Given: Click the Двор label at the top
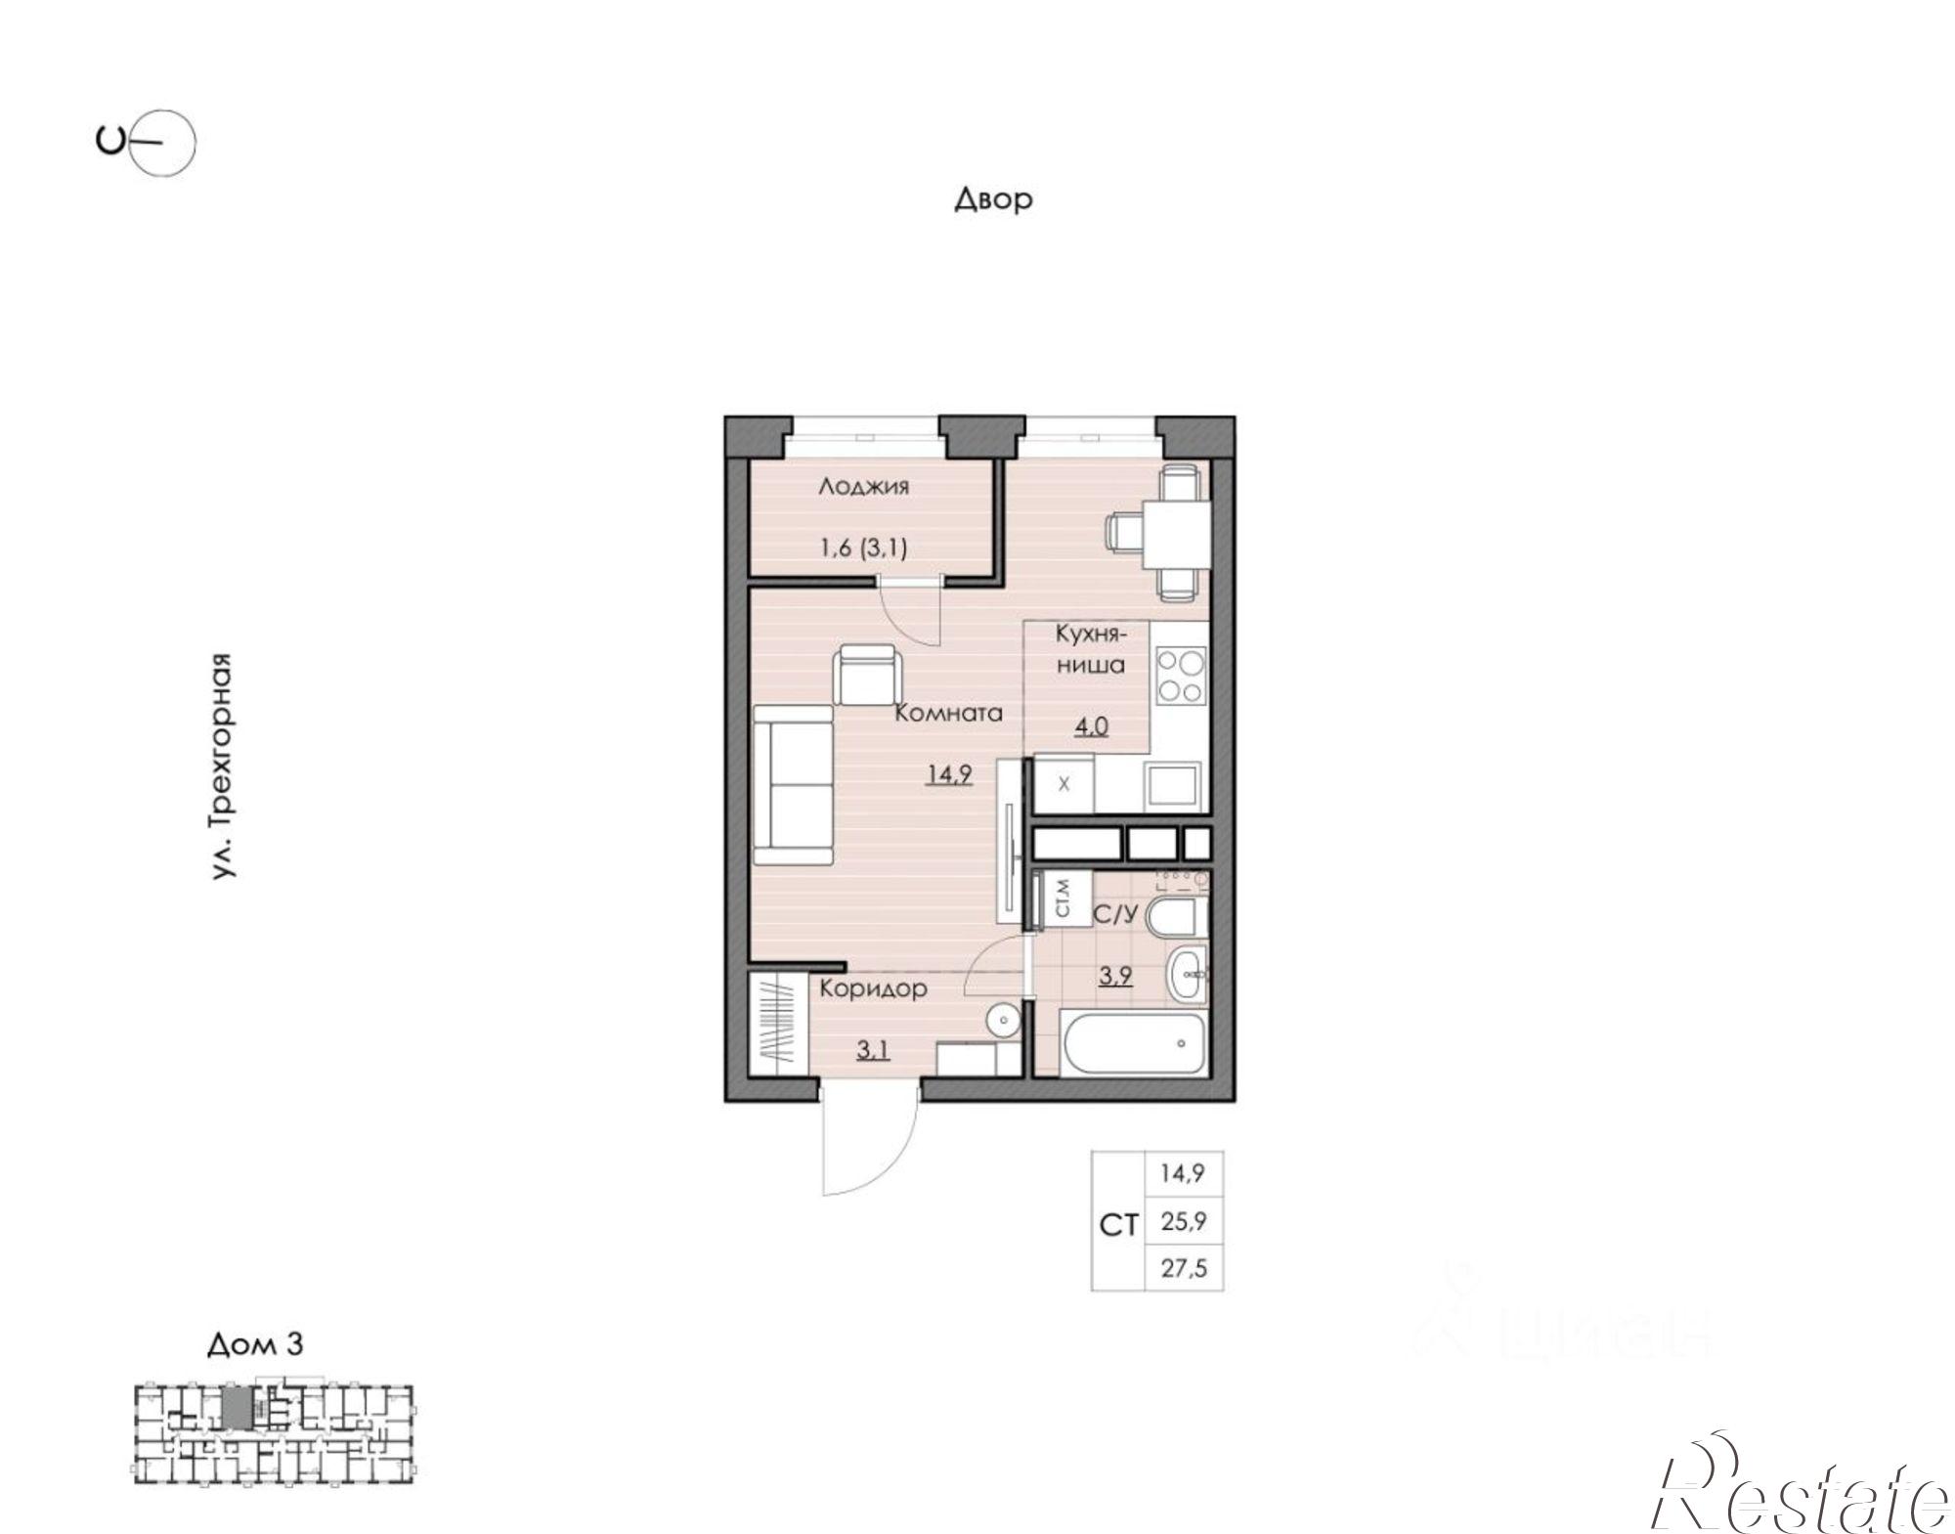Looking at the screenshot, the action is [993, 199].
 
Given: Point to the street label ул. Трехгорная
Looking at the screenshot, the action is [223, 767].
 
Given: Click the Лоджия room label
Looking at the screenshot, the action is [864, 487].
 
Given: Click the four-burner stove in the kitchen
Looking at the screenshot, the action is [1180, 677].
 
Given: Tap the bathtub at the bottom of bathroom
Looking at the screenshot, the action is [1132, 1043].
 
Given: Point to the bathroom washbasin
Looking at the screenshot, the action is [1187, 974].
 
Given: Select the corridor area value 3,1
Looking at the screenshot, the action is [873, 1051].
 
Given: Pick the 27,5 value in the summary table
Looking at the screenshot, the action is [1183, 1268].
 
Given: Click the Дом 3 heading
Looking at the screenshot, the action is [255, 1345].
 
